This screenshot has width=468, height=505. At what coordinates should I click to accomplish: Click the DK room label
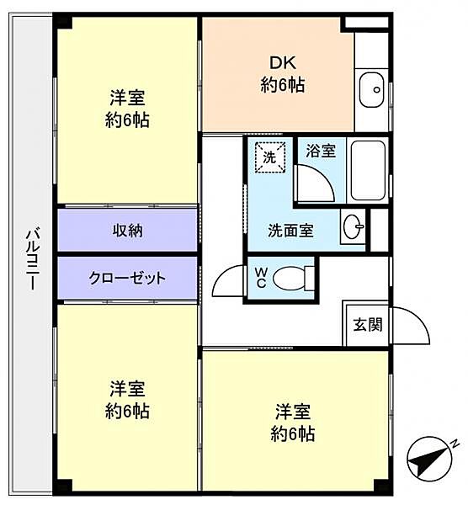click(283, 63)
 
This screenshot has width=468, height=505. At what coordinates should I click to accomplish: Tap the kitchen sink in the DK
click(372, 90)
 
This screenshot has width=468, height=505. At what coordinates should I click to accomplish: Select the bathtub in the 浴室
click(368, 170)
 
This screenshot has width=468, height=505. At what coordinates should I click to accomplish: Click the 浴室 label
click(321, 151)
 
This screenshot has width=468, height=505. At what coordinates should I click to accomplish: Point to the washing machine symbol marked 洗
click(270, 157)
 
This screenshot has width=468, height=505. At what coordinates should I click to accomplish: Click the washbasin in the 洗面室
click(353, 226)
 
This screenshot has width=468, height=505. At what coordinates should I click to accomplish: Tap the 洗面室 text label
click(290, 231)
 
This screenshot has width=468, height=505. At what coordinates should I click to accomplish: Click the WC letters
click(261, 278)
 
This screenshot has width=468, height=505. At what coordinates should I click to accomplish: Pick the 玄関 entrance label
click(368, 324)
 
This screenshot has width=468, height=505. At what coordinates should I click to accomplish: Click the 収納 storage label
click(128, 231)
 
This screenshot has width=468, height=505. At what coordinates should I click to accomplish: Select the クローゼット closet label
click(127, 278)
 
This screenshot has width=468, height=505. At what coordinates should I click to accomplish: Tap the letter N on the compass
click(455, 444)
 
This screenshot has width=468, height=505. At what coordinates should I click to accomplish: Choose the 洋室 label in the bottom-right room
click(292, 412)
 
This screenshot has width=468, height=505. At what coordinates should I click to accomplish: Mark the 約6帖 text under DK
click(283, 85)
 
